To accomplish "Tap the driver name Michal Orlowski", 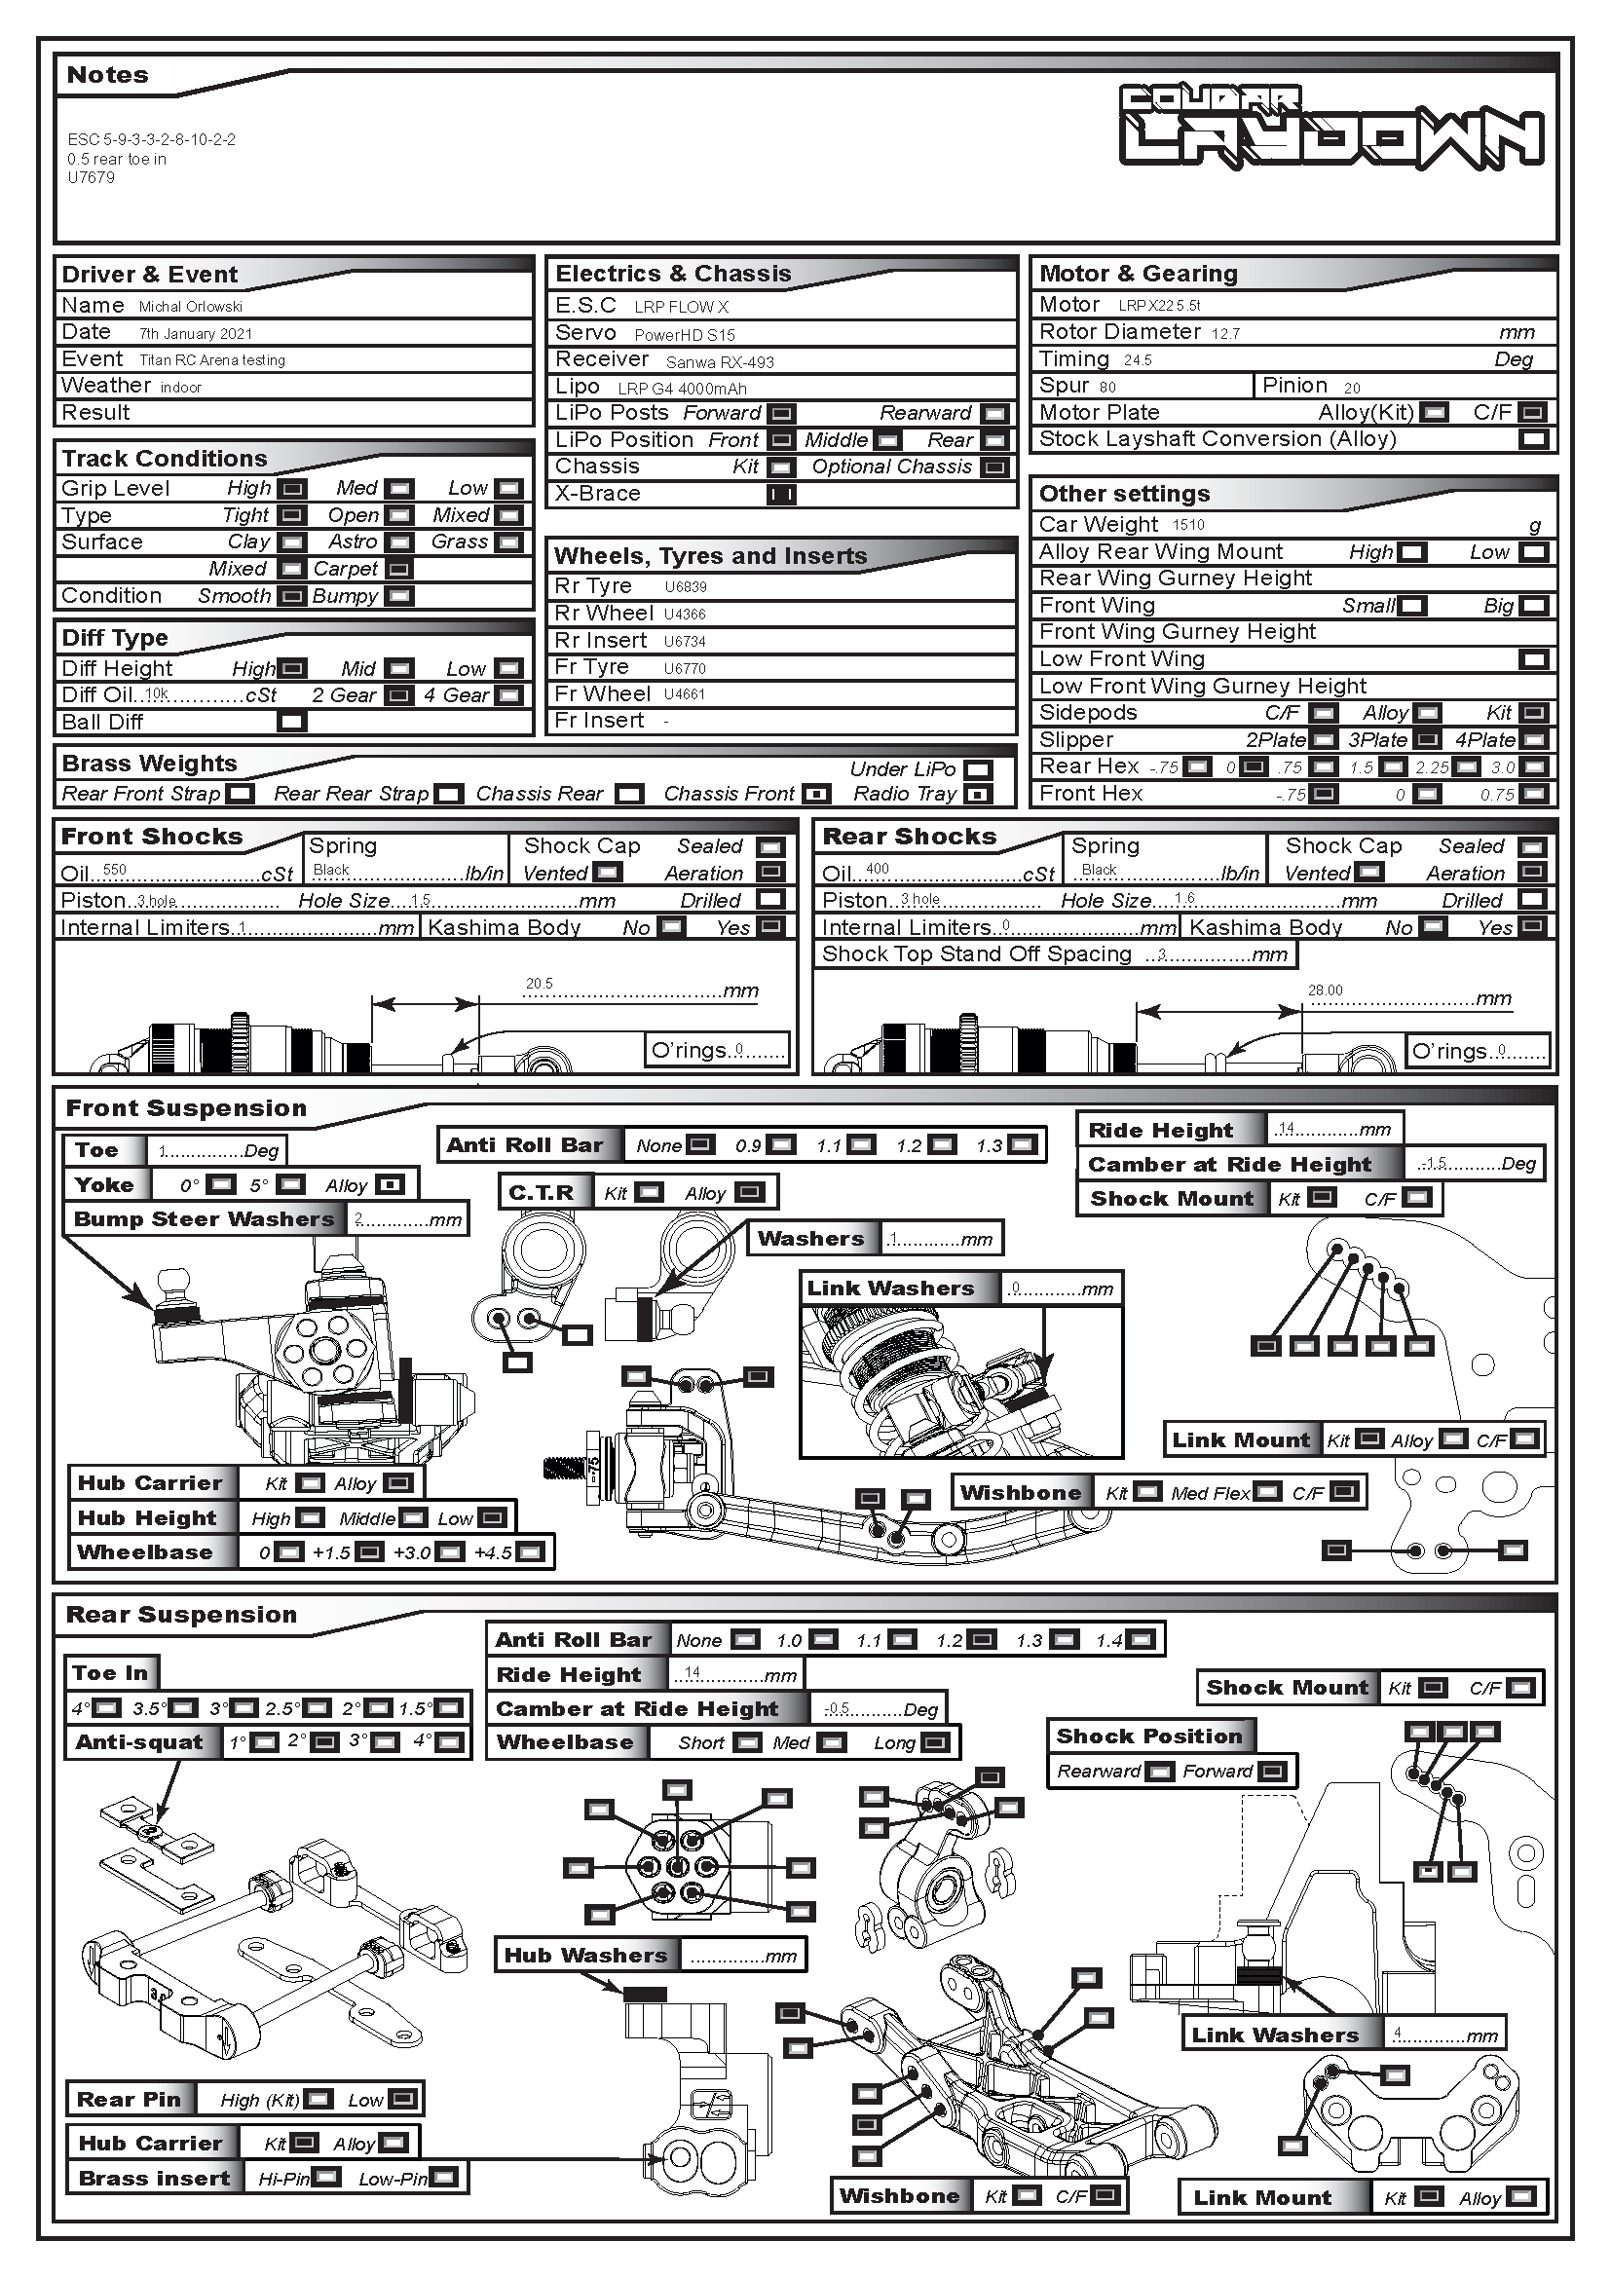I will click(191, 307).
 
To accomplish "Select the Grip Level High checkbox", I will click(291, 488).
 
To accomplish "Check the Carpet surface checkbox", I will click(398, 570).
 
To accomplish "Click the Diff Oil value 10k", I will click(157, 694).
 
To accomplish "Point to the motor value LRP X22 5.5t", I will click(1159, 306).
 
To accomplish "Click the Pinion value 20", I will click(1352, 388).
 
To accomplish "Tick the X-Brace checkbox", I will click(782, 494).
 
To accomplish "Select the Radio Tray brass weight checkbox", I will click(978, 795).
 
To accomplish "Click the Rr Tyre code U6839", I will click(686, 587).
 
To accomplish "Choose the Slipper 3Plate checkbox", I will click(1428, 740).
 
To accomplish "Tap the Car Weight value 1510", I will click(1188, 525).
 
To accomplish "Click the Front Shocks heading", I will click(152, 837).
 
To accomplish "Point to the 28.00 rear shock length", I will click(1326, 990).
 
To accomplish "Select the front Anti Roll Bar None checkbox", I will click(700, 1145).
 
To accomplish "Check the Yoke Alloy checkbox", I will click(391, 1184).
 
